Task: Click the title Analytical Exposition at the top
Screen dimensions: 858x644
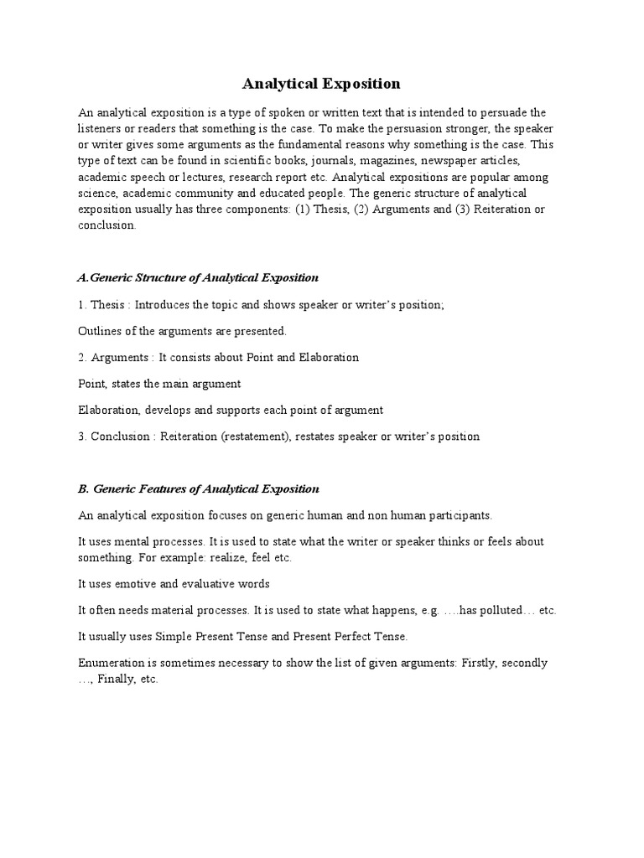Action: coord(321,84)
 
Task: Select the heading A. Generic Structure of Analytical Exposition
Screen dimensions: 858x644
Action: coord(198,277)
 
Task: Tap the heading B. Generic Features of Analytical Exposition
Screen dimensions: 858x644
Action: coord(199,488)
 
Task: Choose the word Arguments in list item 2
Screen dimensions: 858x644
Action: coord(121,358)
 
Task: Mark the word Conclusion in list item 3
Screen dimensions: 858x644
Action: coord(122,436)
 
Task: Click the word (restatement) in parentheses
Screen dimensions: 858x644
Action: coord(258,436)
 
